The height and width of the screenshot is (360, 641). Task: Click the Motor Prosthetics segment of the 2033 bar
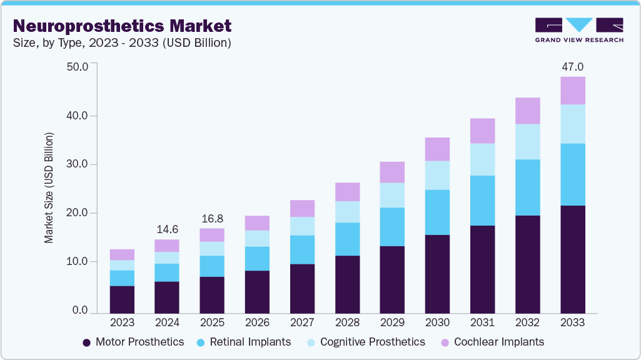point(572,259)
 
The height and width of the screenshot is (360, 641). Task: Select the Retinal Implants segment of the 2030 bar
point(437,212)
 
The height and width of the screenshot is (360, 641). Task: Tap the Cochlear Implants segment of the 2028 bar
point(347,192)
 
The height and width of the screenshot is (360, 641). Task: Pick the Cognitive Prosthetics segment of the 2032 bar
point(527,142)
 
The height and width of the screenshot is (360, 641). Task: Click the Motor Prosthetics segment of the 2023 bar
point(122,299)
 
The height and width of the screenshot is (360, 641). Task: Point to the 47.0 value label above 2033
point(572,67)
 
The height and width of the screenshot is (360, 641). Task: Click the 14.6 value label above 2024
point(167,229)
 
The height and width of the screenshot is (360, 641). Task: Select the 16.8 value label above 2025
point(212,219)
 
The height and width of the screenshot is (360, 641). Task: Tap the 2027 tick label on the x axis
point(302,322)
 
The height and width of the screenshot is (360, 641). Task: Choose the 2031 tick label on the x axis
point(482,322)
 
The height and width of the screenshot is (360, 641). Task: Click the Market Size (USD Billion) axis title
point(49,187)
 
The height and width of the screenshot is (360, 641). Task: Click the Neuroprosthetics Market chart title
point(122,26)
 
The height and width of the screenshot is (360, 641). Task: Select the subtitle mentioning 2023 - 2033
point(122,43)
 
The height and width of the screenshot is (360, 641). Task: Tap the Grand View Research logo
point(579,30)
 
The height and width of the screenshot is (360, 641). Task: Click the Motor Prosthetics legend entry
point(133,342)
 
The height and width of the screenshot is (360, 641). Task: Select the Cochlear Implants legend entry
point(492,342)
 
